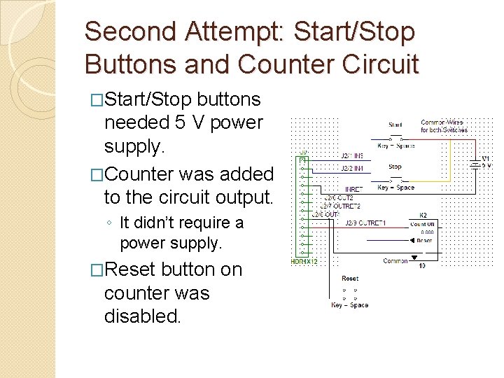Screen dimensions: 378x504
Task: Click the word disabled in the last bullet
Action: pos(143,316)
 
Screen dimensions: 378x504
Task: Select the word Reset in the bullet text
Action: pos(130,269)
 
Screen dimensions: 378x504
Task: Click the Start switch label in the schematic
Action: pos(395,125)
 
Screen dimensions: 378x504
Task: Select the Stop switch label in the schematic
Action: pos(395,167)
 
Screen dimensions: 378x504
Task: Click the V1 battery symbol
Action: pos(477,162)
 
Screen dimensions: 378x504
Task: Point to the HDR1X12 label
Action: pos(304,262)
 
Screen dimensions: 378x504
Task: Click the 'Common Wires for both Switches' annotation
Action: pos(444,126)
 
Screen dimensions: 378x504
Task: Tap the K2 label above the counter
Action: pos(423,215)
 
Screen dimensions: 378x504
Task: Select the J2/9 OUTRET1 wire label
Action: pos(365,223)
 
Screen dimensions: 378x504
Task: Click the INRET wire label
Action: pos(354,189)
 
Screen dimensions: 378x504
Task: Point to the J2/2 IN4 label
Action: pos(352,168)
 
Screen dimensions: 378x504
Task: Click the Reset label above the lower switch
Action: pos(350,278)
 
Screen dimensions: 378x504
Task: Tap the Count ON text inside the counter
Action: pos(422,224)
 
